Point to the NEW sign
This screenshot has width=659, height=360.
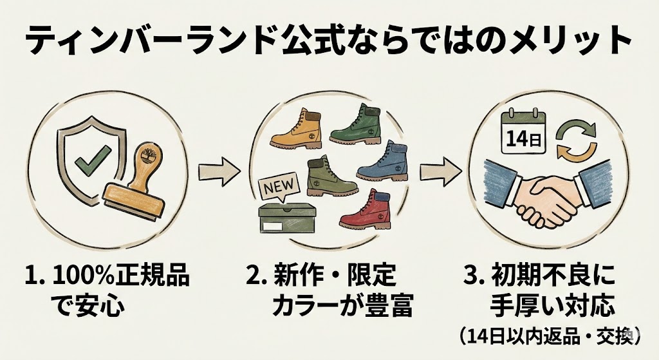click(279, 187)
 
